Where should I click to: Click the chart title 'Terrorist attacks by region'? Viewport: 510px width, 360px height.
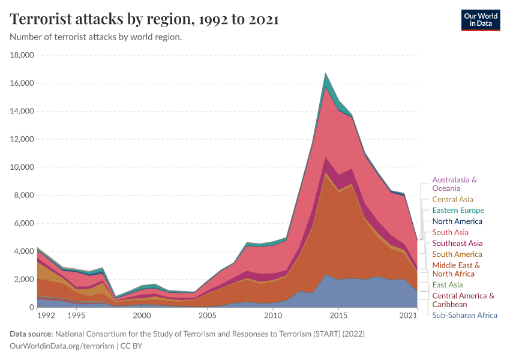[x=144, y=19]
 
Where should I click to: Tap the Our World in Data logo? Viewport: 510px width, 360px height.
[x=480, y=19]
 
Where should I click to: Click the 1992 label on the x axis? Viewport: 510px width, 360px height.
[x=46, y=315]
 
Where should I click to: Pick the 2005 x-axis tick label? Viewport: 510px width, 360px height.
[x=207, y=315]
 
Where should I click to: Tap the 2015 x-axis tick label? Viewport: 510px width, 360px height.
[x=339, y=315]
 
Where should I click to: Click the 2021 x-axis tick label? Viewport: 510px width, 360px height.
[x=409, y=315]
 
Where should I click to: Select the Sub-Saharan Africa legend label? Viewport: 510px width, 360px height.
[x=464, y=315]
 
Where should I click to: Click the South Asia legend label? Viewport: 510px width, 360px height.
[x=450, y=232]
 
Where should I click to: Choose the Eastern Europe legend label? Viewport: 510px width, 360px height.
[x=458, y=211]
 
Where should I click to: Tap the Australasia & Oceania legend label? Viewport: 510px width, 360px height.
[x=454, y=184]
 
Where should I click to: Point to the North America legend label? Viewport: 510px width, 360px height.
[x=457, y=221]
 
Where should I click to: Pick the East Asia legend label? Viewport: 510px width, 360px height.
[x=448, y=284]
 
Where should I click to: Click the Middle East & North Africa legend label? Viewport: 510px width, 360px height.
[x=456, y=269]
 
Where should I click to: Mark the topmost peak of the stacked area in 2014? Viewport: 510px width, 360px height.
[x=326, y=73]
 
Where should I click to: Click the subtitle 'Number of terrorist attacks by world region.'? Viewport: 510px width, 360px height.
[x=96, y=37]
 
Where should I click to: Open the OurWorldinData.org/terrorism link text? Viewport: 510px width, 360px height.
[x=62, y=346]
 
